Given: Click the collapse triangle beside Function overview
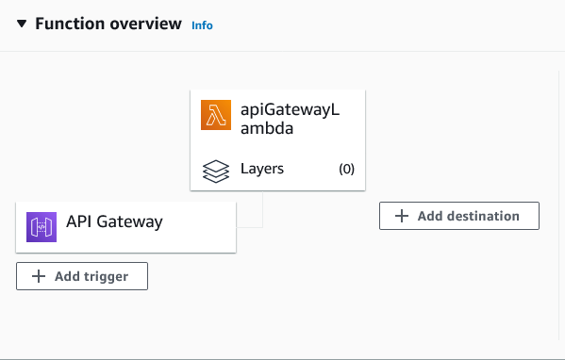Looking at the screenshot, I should [x=22, y=25].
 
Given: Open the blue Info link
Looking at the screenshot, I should [x=202, y=25].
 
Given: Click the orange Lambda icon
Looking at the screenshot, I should [x=216, y=115].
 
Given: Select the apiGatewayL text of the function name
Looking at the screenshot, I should [x=290, y=111].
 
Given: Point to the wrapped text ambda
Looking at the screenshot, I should [x=267, y=128].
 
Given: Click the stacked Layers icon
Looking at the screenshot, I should [x=216, y=170].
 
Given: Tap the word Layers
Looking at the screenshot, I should [x=262, y=170].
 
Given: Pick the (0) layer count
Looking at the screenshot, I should [x=346, y=170].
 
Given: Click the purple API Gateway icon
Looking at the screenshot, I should [x=42, y=226].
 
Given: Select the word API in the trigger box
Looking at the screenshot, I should [x=79, y=222].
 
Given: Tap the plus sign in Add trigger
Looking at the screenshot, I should [x=39, y=276].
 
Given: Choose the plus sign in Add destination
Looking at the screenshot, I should [x=402, y=216].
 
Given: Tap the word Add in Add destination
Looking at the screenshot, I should [x=430, y=216].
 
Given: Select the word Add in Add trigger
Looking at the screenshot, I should [x=67, y=276].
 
